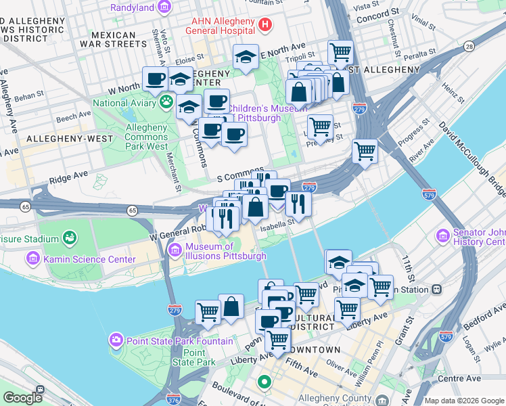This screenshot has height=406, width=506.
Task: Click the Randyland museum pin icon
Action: [x=164, y=7]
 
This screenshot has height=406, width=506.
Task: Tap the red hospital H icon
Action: [x=264, y=25]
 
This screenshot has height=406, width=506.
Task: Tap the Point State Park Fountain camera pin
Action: [x=116, y=338]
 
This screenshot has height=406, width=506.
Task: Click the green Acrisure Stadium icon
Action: [x=68, y=238]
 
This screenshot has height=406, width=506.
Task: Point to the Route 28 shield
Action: [x=469, y=46]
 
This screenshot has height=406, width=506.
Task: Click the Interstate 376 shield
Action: [x=173, y=399]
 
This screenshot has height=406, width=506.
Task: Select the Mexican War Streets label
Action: [x=113, y=39]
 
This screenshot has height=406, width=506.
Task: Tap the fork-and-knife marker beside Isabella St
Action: [x=298, y=202]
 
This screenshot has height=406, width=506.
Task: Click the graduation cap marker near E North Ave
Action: [x=246, y=58]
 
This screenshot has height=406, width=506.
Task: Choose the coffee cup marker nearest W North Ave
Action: [x=155, y=78]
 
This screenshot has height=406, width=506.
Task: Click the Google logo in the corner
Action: [x=22, y=398]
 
